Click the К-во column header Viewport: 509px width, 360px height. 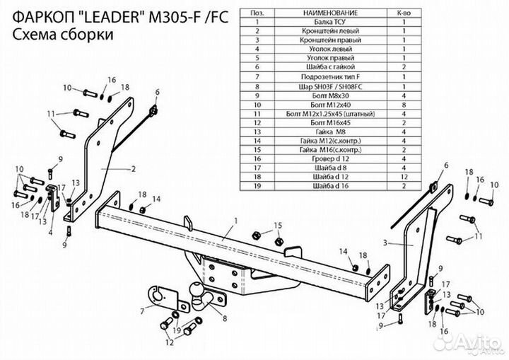(403, 13)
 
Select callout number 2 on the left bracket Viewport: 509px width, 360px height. (132, 169)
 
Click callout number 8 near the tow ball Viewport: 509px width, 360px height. (224, 319)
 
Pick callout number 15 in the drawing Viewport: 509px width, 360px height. (278, 225)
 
